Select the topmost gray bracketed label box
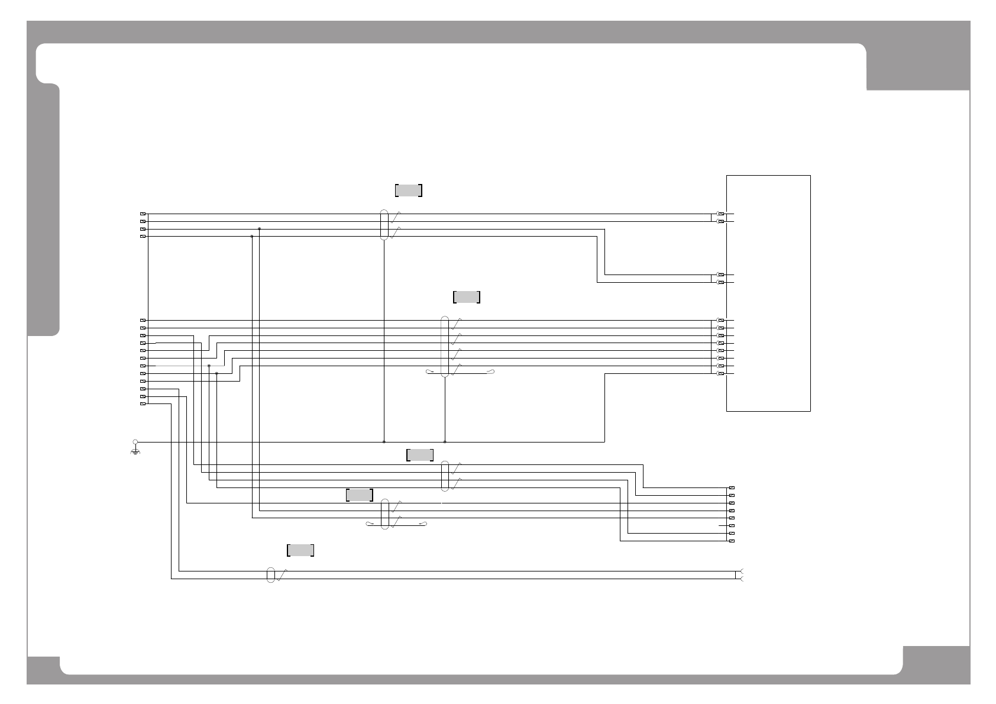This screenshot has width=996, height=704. (x=408, y=190)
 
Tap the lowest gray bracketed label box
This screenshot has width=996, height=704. (x=300, y=550)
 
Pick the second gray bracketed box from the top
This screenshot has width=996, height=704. (x=466, y=297)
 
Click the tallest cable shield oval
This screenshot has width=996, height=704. (x=445, y=346)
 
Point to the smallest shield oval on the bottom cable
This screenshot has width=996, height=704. (x=271, y=575)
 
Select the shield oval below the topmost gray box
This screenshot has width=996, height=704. (x=384, y=225)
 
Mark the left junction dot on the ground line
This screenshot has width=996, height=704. (x=384, y=442)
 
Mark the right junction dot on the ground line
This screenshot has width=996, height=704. (x=445, y=442)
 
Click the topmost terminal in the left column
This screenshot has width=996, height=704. (x=143, y=214)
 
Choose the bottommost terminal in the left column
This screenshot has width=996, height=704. (x=143, y=404)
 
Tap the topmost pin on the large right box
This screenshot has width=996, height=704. (x=720, y=214)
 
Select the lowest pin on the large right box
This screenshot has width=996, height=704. (x=720, y=374)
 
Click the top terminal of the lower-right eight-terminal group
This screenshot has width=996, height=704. (x=732, y=488)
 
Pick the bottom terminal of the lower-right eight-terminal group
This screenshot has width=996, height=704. (x=732, y=541)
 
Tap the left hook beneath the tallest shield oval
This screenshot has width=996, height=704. (x=429, y=372)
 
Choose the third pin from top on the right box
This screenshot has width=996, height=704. (x=720, y=275)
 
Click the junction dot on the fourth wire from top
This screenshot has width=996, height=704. (x=252, y=236)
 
